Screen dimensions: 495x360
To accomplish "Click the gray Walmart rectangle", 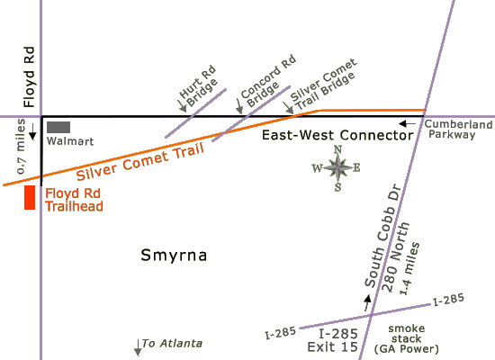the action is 58,127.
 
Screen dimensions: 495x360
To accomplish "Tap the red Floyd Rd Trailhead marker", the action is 30,197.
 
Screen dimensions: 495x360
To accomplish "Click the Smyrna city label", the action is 174,256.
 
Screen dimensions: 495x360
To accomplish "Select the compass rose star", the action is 337,167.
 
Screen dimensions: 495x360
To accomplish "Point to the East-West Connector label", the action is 337,135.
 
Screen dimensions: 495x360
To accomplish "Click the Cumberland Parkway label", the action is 458,130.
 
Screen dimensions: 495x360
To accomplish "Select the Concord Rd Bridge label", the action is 268,81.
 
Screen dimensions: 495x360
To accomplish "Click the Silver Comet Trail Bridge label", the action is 323,84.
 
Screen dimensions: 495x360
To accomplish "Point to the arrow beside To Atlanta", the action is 138,347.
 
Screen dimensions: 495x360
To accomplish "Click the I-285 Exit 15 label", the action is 333,340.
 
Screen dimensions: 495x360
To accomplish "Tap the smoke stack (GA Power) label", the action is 407,338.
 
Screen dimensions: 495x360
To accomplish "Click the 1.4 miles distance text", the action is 409,268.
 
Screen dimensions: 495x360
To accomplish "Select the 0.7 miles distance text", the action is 21,146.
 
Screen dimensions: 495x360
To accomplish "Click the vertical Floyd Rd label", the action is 29,76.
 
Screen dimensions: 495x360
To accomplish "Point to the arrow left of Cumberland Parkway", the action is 407,124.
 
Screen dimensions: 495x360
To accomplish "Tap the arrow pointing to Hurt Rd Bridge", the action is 182,106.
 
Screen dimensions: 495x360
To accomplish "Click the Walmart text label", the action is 70,141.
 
